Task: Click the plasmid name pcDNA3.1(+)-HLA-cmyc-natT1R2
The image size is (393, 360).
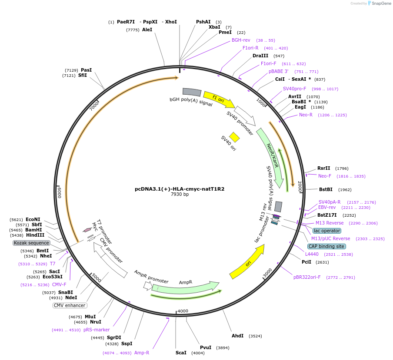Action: (180, 189)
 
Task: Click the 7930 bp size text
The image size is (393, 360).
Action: (180, 195)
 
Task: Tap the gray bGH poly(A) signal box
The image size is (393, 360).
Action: (192, 92)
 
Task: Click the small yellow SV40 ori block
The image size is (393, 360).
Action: (235, 137)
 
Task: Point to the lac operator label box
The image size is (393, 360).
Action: (327, 231)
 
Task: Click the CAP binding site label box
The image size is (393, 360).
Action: (326, 246)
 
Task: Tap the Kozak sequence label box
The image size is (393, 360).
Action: (31, 243)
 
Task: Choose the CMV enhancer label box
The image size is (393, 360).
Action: (70, 305)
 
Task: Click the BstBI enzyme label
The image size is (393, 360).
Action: (326, 189)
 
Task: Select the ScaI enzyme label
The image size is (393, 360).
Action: (181, 353)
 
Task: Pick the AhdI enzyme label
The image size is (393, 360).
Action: (237, 336)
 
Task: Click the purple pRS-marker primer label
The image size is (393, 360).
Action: (97, 330)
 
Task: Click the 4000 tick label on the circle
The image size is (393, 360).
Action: (183, 311)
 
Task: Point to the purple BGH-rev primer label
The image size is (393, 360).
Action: (241, 40)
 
